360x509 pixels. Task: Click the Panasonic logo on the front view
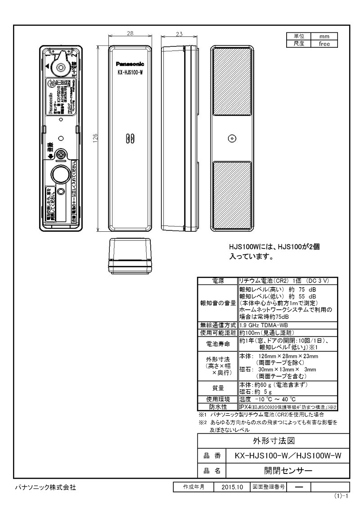tap(130, 64)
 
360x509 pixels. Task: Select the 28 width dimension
tap(130, 34)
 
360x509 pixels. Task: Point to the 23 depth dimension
tap(179, 34)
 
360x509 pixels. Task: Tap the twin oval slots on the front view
tap(129, 138)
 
